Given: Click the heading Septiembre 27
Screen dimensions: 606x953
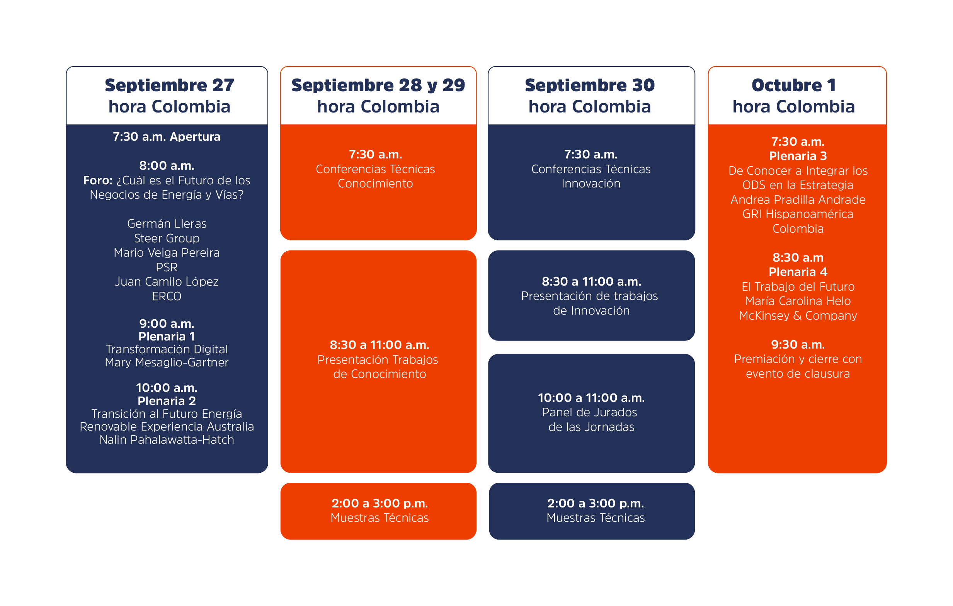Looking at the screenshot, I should pyautogui.click(x=169, y=85).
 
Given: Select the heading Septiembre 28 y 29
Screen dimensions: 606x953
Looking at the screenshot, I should pyautogui.click(x=378, y=85).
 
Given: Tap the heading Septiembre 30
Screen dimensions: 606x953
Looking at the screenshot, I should pyautogui.click(x=590, y=85).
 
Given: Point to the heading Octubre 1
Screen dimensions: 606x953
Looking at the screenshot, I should pyautogui.click(x=793, y=85).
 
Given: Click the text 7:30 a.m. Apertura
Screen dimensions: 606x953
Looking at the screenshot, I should pyautogui.click(x=167, y=136).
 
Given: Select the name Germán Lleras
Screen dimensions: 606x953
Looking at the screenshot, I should pyautogui.click(x=167, y=224).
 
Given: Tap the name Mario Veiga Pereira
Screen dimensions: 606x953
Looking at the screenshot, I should pyautogui.click(x=167, y=252).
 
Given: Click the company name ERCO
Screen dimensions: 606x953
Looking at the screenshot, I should pyautogui.click(x=167, y=296).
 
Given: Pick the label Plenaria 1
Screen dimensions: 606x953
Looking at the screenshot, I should pyautogui.click(x=167, y=337).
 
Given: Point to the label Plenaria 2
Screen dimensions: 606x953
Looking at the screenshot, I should pyautogui.click(x=167, y=401).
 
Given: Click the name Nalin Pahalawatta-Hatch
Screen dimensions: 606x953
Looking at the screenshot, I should pyautogui.click(x=167, y=440).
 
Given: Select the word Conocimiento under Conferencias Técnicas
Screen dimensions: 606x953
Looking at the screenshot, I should pyautogui.click(x=375, y=184).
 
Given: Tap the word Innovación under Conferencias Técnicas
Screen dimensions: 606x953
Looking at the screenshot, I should pyautogui.click(x=591, y=184).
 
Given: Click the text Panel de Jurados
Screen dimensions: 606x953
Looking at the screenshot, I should pyautogui.click(x=589, y=412).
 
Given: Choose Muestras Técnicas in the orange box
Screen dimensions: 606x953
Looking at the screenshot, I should pyautogui.click(x=379, y=518).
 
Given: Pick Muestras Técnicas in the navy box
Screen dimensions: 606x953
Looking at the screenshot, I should pyautogui.click(x=596, y=518).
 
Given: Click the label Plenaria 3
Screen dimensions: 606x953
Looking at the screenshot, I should pyautogui.click(x=798, y=156).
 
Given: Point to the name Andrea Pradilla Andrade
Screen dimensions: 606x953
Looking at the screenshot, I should pyautogui.click(x=798, y=199).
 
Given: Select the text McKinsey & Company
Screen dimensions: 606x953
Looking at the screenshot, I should pyautogui.click(x=798, y=315).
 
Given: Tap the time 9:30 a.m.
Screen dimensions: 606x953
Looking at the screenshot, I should pyautogui.click(x=798, y=344).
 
